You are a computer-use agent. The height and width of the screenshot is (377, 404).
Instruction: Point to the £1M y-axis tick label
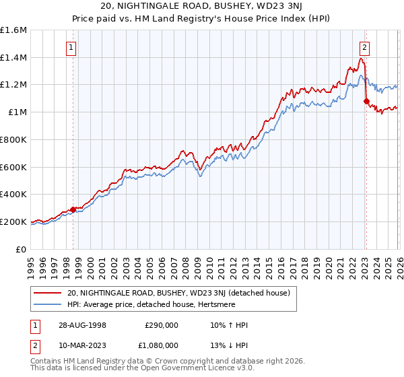pos(17,112)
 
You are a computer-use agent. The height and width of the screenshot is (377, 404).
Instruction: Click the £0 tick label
pos(22,249)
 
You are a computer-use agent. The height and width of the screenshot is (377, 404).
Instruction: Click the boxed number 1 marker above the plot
pos(71,47)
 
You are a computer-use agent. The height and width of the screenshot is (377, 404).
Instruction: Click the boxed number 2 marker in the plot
pos(364,47)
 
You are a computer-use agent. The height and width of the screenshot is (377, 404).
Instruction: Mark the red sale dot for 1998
pos(73,209)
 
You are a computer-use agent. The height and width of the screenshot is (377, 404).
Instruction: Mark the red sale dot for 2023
pos(366,102)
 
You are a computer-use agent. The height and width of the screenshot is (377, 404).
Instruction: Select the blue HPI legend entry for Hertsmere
pos(168,304)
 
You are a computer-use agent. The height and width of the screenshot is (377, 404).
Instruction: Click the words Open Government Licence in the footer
pos(174,368)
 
